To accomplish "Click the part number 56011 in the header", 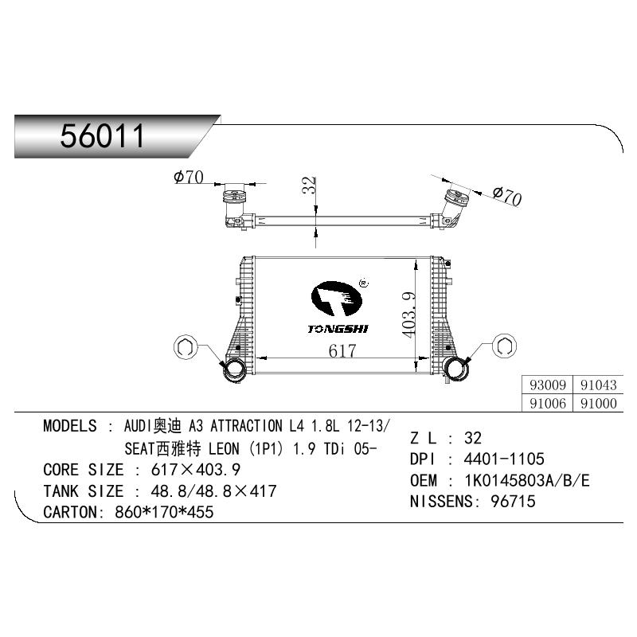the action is (x=103, y=136).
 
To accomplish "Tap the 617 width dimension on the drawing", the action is (x=342, y=351).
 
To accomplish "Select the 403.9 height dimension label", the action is (x=409, y=315).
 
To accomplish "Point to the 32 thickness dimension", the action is (x=309, y=185).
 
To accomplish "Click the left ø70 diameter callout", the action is (x=189, y=177).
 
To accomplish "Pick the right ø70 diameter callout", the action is (x=507, y=196).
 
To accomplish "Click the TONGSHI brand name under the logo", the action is (x=338, y=329).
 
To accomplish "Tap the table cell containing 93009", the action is (x=547, y=385).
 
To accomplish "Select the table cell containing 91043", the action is (x=598, y=385).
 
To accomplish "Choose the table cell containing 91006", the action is (x=547, y=403).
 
